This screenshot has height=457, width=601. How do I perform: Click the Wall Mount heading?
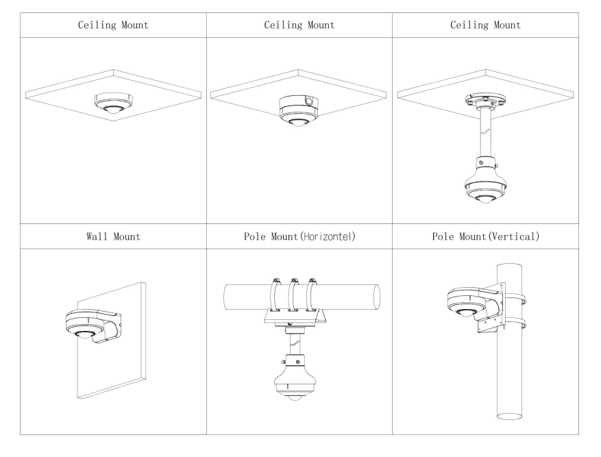tap(113, 237)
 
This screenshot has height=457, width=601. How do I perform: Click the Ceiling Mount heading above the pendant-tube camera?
tap(486, 25)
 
